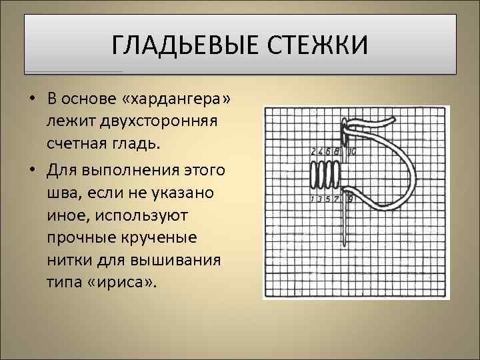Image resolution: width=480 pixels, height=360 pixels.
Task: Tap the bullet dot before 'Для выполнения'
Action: point(32,171)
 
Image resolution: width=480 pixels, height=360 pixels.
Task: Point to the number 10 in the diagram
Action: point(352,153)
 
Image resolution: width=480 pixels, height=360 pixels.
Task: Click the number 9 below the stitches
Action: point(351,199)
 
